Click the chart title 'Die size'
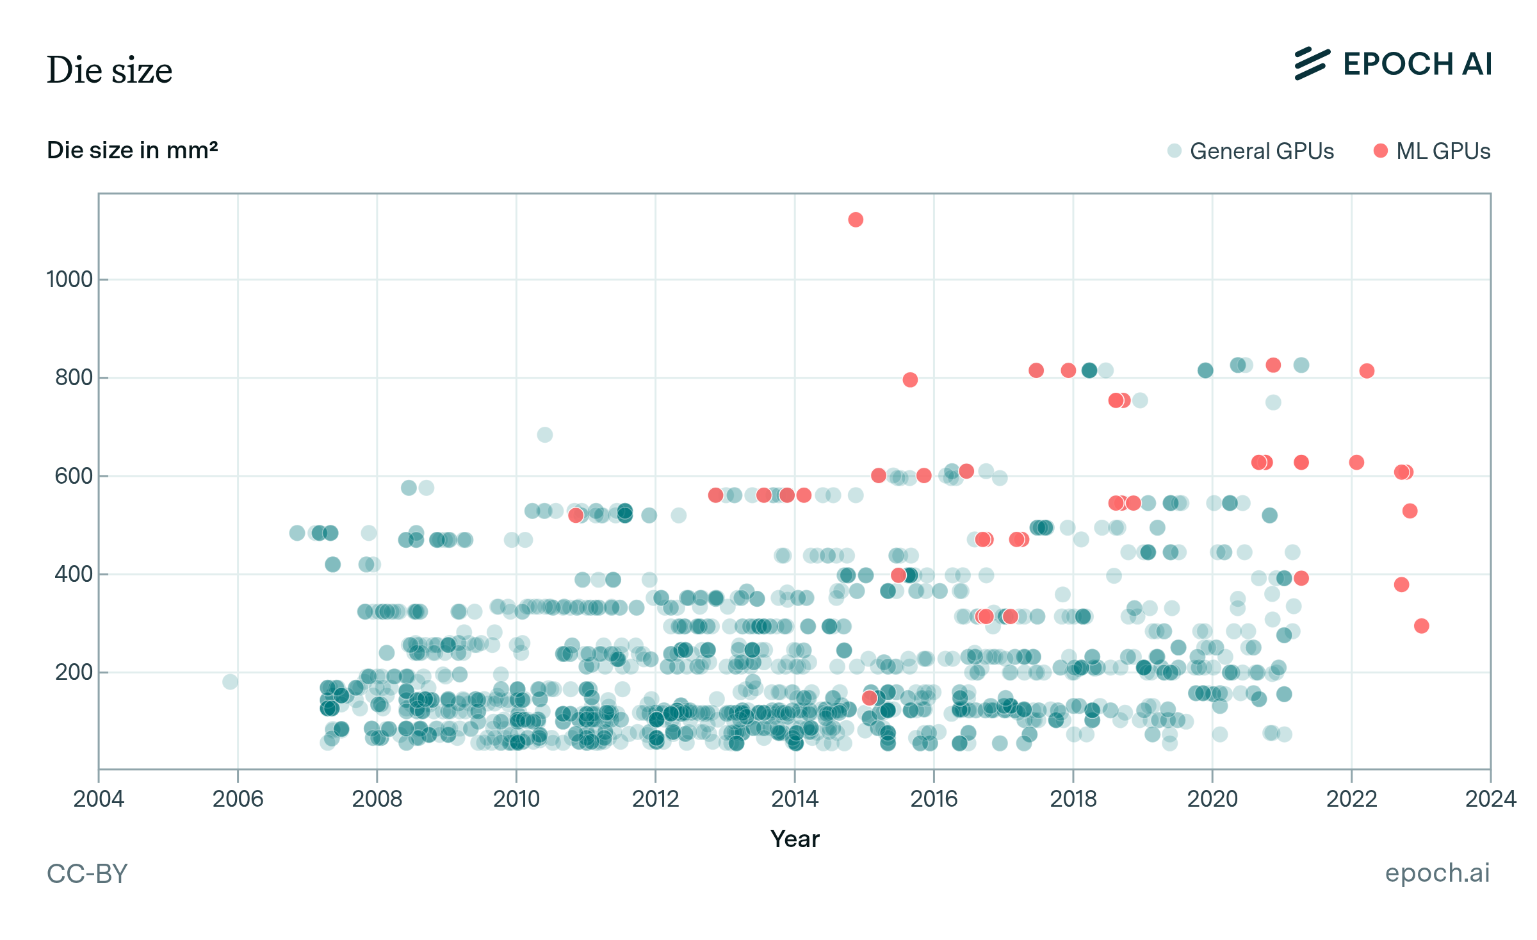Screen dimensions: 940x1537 (110, 70)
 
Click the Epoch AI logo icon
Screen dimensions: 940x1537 (1312, 64)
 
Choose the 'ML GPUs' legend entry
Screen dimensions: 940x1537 (1432, 151)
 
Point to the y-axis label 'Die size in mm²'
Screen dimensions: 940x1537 (132, 150)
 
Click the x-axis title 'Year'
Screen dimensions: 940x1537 (794, 839)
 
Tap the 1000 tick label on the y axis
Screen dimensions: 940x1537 (70, 279)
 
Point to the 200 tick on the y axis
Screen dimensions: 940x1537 (74, 672)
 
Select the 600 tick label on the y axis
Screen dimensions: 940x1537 (74, 476)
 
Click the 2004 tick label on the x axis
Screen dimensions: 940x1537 (99, 799)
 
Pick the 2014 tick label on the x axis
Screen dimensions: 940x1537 (795, 799)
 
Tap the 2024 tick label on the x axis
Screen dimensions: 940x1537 (1490, 799)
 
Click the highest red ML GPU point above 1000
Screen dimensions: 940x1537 (856, 220)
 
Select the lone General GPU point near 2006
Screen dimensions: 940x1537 (231, 682)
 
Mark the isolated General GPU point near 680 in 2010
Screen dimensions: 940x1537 (544, 435)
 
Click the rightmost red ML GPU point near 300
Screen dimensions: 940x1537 (1421, 626)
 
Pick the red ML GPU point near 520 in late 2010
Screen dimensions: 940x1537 (576, 515)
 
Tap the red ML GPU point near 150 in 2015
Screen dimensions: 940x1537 (869, 698)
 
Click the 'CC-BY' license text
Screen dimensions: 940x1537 (87, 874)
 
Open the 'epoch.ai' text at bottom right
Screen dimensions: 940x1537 (1437, 873)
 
